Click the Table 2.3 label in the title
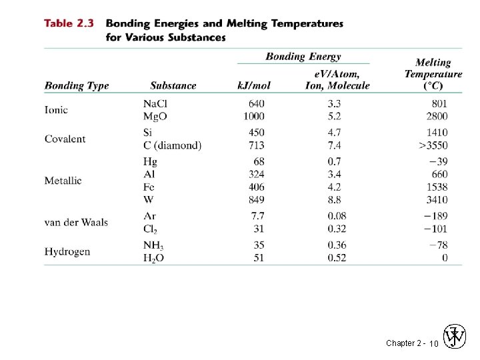[69, 23]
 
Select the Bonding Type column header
[77, 85]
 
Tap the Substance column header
[173, 85]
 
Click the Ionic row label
[56, 110]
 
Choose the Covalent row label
[65, 139]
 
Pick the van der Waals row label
[76, 222]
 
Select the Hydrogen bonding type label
[67, 251]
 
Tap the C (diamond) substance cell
[172, 145]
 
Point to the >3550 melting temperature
[433, 145]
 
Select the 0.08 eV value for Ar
[337, 216]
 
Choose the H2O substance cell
[153, 259]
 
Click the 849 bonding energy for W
[255, 199]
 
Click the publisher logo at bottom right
[456, 337]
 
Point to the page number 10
[433, 343]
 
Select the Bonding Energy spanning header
[303, 57]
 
